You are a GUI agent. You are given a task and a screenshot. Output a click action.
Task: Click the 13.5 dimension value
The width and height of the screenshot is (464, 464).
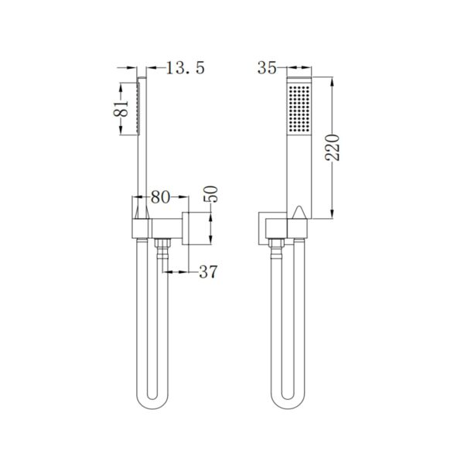click(x=183, y=69)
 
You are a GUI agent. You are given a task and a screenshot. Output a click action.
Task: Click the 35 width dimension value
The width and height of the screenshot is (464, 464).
click(x=268, y=69)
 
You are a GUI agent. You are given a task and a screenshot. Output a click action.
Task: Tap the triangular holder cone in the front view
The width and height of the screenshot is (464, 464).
click(x=299, y=214)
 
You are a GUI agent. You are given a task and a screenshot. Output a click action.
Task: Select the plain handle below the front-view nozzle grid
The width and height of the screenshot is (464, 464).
click(x=299, y=170)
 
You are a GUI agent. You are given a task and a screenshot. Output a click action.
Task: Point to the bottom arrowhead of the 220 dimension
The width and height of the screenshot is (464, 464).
click(x=333, y=215)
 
